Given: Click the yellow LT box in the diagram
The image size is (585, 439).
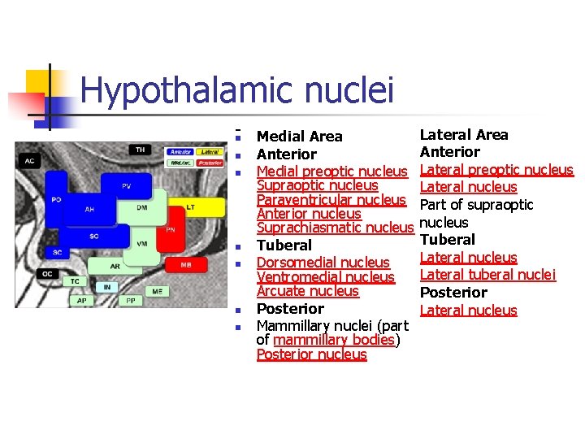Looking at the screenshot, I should tap(190, 208).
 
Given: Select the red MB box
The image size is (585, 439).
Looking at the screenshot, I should tap(186, 265).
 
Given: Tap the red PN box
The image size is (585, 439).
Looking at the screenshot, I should tap(170, 229).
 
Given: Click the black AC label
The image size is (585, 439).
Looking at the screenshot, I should tap(30, 161).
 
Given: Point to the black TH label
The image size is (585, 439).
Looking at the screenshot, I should tap(141, 150).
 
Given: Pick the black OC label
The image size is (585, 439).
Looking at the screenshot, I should tap(48, 274).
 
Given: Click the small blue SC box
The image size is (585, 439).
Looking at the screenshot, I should tap(57, 253).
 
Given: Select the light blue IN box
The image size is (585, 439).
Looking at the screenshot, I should tap(106, 287).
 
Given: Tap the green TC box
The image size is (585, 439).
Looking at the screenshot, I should tap(75, 281).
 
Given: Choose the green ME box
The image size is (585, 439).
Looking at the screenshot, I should tap(157, 291).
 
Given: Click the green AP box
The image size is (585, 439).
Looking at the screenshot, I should tap(82, 300).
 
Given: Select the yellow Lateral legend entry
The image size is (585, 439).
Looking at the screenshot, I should tap(210, 151).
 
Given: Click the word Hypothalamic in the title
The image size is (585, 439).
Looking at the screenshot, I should tap(171, 91).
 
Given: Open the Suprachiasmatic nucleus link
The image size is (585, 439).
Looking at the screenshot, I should tap(335, 228).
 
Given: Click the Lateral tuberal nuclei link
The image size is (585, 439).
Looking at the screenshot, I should tap(487, 275).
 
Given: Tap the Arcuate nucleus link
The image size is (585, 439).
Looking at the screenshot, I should tap(307, 291).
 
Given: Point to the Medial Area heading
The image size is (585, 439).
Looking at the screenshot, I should tap(299, 137).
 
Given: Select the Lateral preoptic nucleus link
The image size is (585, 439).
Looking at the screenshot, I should tap(496, 170).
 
